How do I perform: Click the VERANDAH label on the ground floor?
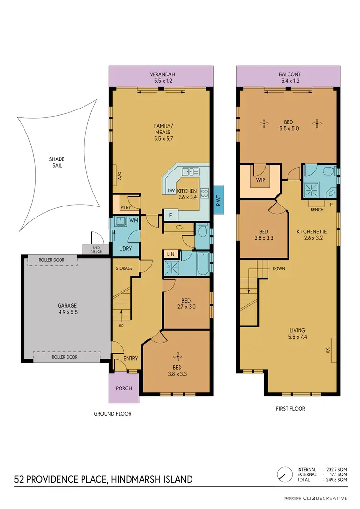(161, 74)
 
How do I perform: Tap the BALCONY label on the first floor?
(290, 74)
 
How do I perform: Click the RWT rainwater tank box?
(218, 198)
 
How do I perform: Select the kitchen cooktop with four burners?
(204, 193)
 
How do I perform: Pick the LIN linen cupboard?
(170, 254)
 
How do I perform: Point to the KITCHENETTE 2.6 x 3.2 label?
(312, 234)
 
